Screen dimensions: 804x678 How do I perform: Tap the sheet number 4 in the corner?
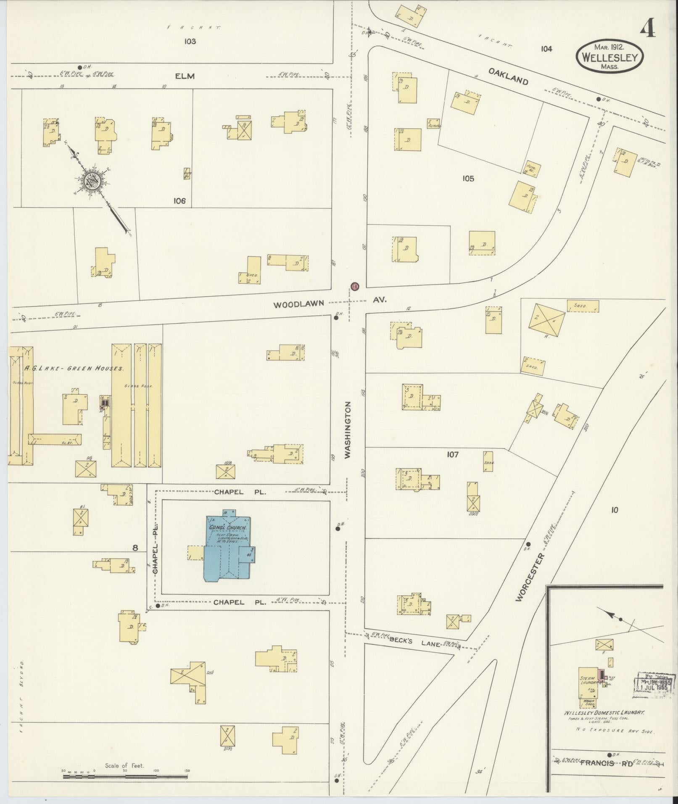647,29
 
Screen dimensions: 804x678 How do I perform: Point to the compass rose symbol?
91,180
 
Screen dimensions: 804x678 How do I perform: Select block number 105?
468,178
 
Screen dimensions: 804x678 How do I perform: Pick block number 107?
453,454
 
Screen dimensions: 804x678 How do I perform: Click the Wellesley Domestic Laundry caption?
604,713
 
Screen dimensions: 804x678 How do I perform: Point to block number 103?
190,41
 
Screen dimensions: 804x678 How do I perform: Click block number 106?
179,201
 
